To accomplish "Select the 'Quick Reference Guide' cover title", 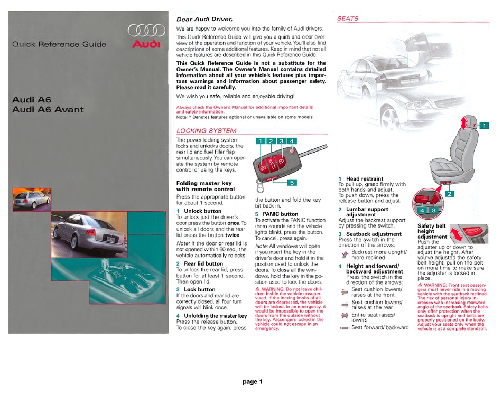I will click(x=59, y=44).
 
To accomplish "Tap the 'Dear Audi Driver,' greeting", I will click(x=204, y=19).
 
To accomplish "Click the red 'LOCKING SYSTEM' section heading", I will click(x=206, y=130).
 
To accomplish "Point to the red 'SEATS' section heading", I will click(x=348, y=18).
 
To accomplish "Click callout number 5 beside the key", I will click(x=292, y=182).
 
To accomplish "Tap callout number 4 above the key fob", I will click(x=293, y=141).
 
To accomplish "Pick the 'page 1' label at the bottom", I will click(x=253, y=382).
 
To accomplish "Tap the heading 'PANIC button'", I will click(x=281, y=214).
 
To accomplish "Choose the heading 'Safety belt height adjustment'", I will click(x=432, y=231).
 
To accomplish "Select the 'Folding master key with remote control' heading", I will click(x=205, y=186).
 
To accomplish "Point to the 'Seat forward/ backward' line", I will click(x=380, y=327).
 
